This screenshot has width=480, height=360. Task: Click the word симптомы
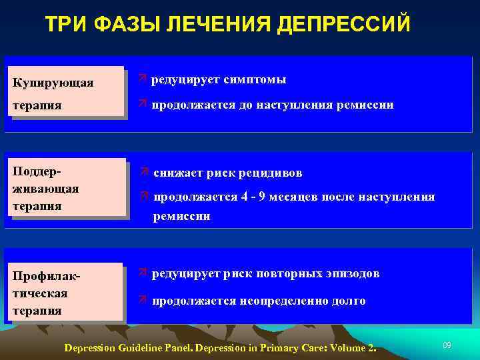coord(256,80)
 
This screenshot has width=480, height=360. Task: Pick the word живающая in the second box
coord(45,189)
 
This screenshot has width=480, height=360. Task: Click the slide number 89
coord(447,345)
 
